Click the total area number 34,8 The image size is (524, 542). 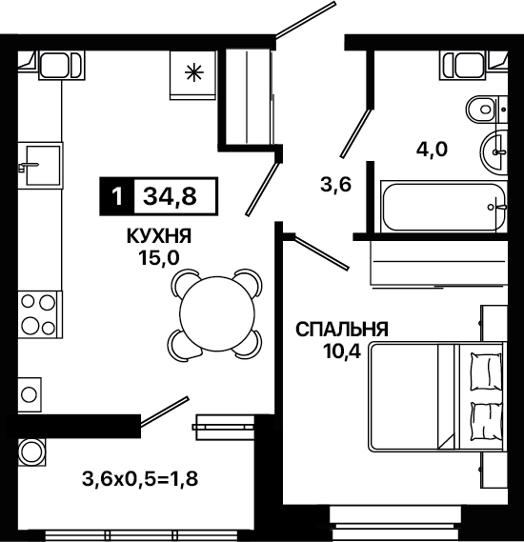coord(170,196)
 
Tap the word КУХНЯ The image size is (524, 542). coord(159,237)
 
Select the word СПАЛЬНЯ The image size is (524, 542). coord(342,330)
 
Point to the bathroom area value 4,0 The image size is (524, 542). coord(432,150)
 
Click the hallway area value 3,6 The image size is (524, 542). coord(335,184)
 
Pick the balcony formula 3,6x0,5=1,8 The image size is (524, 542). coord(140,479)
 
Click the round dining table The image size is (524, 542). coord(216,314)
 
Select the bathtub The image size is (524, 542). coord(444,207)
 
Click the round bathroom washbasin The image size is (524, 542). coord(494,151)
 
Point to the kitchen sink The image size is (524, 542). coord(40,165)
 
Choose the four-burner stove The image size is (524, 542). coord(40,314)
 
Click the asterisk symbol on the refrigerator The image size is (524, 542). coord(193,73)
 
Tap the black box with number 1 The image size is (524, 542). coord(117,196)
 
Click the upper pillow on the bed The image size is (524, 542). coord(486,371)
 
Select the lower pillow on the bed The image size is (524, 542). coord(487,421)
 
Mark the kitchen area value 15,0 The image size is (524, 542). coord(159,257)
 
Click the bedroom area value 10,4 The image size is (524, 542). coord(342,351)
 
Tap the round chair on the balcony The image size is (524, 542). coord(32,452)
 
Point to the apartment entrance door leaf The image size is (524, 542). coord(306,19)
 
